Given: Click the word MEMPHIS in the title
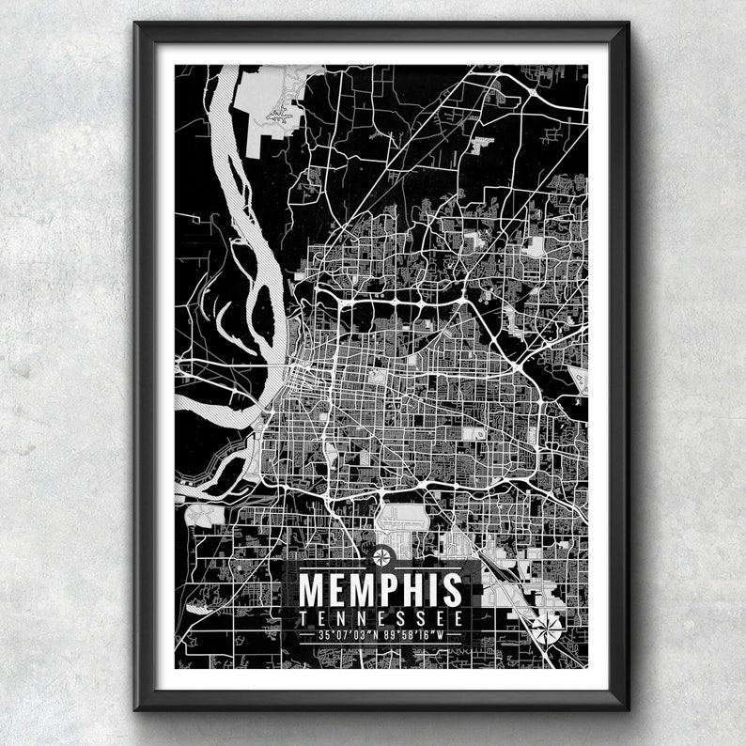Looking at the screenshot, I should pyautogui.click(x=381, y=590).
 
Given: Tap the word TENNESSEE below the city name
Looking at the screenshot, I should pyautogui.click(x=381, y=618).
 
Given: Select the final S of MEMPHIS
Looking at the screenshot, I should pyautogui.click(x=453, y=590).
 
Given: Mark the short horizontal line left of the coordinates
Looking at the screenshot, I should pyautogui.click(x=305, y=635).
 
